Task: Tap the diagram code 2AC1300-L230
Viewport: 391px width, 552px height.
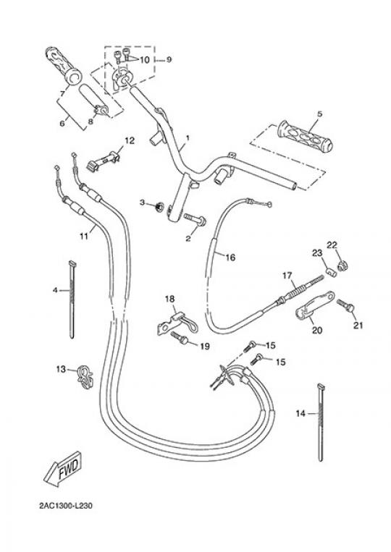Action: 66,506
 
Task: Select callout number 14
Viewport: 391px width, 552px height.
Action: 300,413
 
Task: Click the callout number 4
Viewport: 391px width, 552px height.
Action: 54,290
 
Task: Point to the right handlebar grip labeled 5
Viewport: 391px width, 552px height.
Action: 305,137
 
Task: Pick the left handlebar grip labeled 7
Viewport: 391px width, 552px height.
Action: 64,66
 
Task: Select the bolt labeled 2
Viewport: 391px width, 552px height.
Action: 194,219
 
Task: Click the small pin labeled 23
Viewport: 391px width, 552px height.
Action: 330,272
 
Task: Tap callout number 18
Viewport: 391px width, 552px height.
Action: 169,300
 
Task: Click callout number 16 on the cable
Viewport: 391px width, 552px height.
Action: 230,258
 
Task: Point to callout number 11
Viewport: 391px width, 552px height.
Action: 83,236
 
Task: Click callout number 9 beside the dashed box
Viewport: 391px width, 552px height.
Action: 169,59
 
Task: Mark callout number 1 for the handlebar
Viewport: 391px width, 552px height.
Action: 188,137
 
